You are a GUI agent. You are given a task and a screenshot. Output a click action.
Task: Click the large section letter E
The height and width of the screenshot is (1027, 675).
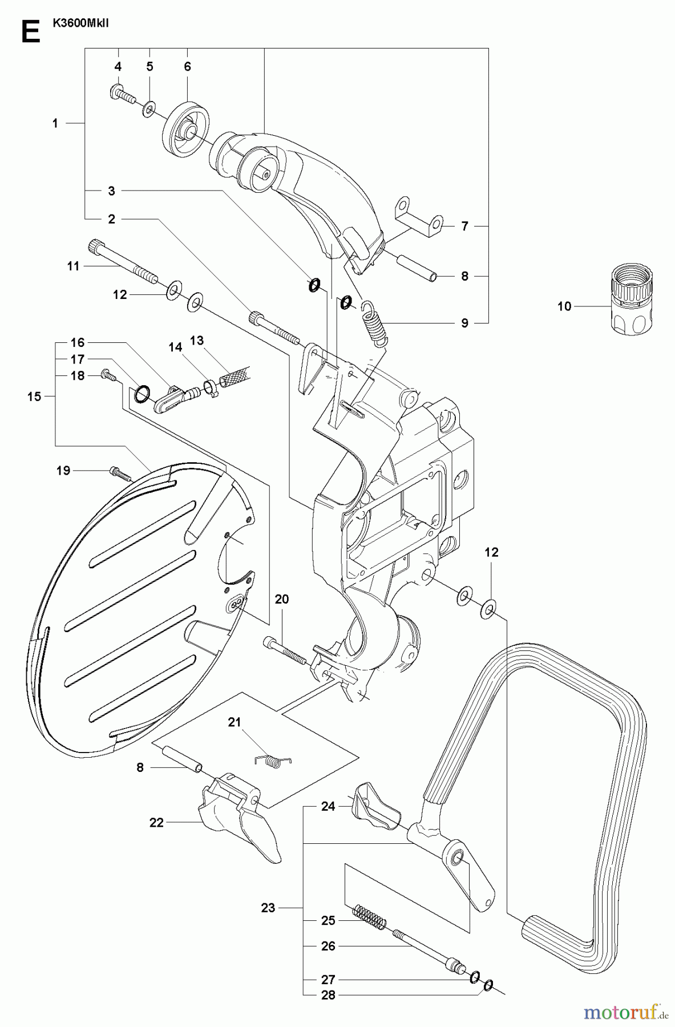point(30,33)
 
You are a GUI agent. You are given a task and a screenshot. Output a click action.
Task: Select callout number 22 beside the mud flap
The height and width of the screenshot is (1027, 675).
point(156,822)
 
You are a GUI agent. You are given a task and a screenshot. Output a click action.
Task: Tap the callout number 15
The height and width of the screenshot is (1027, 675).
point(34,396)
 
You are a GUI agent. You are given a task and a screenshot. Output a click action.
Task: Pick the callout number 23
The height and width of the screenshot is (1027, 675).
point(268,907)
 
